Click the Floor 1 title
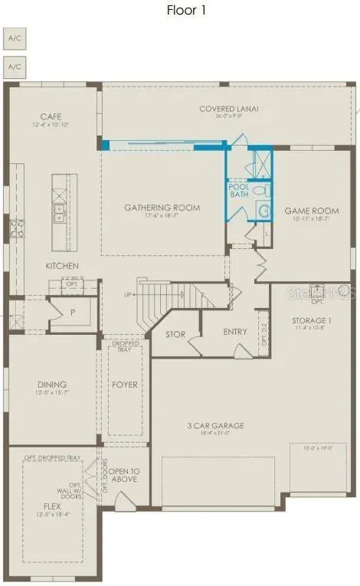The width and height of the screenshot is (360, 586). pyautogui.click(x=186, y=11)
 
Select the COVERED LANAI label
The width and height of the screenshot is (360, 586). pyautogui.click(x=229, y=109)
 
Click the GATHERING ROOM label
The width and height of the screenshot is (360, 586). pyautogui.click(x=162, y=208)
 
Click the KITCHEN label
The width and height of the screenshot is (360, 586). pyautogui.click(x=62, y=266)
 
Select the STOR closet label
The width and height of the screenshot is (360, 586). pyautogui.click(x=175, y=334)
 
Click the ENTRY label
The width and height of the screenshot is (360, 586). pyautogui.click(x=234, y=332)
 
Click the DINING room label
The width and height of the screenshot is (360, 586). pyautogui.click(x=52, y=385)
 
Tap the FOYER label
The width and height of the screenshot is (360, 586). pyautogui.click(x=125, y=385)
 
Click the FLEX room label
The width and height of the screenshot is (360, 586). pyautogui.click(x=52, y=506)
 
